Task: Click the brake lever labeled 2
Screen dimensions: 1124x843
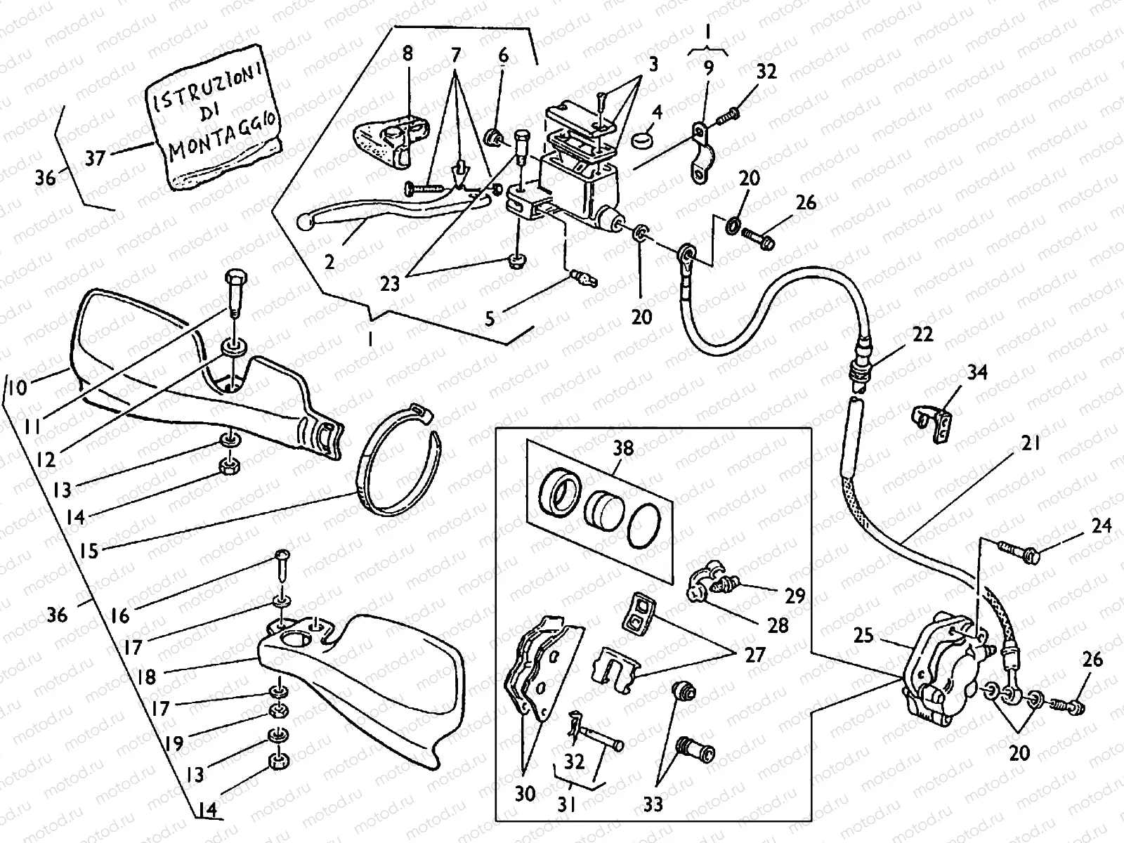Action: pyautogui.click(x=393, y=210)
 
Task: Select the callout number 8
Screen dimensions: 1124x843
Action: pyautogui.click(x=407, y=54)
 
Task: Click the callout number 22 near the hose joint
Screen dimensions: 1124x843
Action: pyautogui.click(x=923, y=335)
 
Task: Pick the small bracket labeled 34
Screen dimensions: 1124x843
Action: pyautogui.click(x=932, y=422)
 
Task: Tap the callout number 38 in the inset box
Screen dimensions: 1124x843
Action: pyautogui.click(x=623, y=449)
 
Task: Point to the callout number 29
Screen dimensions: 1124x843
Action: pyautogui.click(x=795, y=596)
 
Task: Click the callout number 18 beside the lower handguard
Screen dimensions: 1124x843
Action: pyautogui.click(x=146, y=677)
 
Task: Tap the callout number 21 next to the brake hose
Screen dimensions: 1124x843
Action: pyautogui.click(x=1031, y=443)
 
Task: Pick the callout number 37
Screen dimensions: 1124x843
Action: pyautogui.click(x=96, y=158)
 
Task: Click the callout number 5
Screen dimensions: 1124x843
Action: pyautogui.click(x=490, y=319)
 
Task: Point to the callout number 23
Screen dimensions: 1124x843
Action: pyautogui.click(x=390, y=284)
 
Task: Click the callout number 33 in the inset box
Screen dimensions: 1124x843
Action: pyautogui.click(x=653, y=805)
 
